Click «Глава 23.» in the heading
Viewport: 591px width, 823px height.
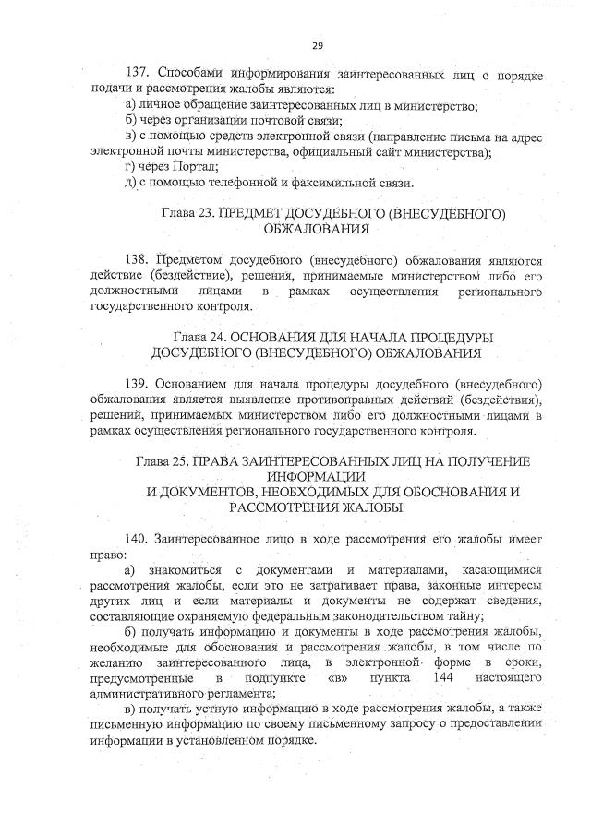187,214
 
